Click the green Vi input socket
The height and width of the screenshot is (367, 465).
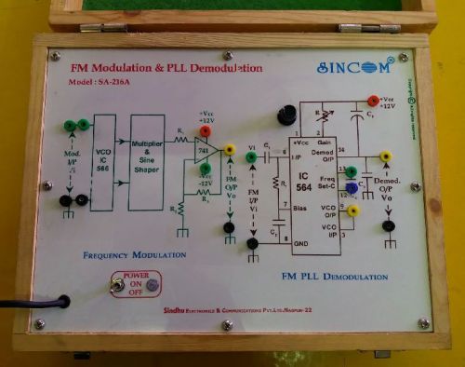click(x=252, y=158)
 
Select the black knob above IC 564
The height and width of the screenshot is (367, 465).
click(x=286, y=116)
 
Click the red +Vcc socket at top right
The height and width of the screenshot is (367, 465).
click(x=373, y=101)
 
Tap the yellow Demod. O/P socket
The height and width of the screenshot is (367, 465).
click(x=386, y=157)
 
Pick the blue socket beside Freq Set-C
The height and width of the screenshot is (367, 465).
click(x=351, y=188)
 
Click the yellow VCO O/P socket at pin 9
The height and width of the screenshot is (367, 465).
click(x=352, y=211)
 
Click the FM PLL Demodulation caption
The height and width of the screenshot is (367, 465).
click(x=334, y=277)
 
